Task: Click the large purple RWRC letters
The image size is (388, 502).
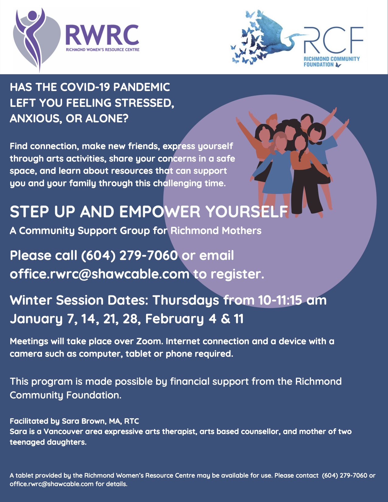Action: tap(103, 35)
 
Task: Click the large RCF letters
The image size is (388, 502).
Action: tap(333, 40)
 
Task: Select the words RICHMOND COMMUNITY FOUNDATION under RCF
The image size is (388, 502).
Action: tap(331, 62)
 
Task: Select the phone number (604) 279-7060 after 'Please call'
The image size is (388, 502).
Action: tap(129, 255)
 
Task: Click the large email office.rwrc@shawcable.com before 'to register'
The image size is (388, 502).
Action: tap(100, 274)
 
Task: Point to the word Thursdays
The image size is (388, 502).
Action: tap(186, 300)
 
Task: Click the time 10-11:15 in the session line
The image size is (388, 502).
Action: tap(280, 300)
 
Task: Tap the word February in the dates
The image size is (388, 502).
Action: tap(174, 319)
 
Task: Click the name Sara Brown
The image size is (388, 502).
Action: tap(84, 421)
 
